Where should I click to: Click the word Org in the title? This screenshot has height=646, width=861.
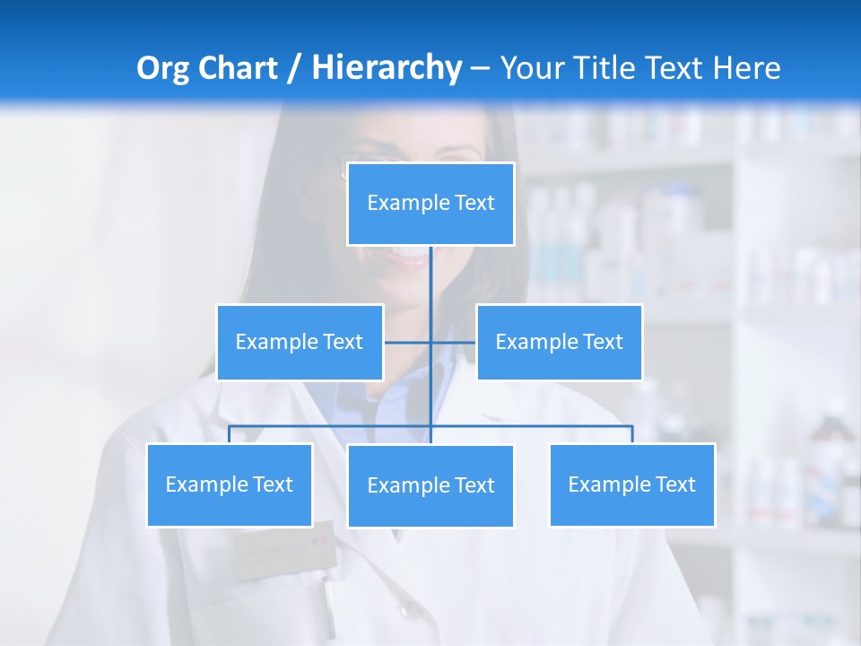(x=162, y=68)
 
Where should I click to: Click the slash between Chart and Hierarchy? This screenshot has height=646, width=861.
(x=293, y=69)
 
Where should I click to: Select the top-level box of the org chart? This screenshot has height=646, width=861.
(x=430, y=204)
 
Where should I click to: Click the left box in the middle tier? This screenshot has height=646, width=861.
(x=300, y=342)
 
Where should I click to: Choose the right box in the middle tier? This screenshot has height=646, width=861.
(x=559, y=342)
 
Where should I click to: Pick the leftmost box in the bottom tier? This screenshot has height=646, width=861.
(x=230, y=484)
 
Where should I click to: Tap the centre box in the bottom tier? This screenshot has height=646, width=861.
(x=430, y=485)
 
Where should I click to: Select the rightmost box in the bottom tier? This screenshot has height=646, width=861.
(x=631, y=484)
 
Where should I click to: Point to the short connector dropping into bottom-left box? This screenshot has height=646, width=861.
(x=230, y=434)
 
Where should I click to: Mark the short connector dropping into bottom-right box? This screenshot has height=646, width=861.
(x=632, y=434)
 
